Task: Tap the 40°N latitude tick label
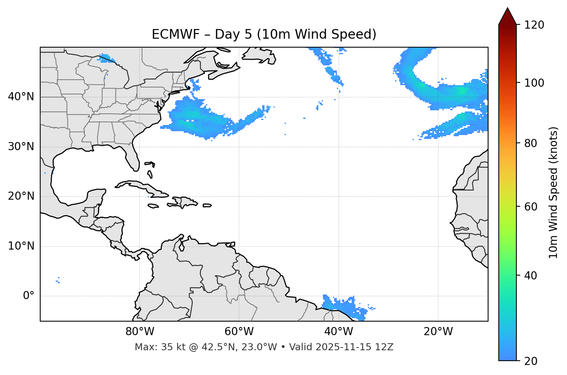point(21,97)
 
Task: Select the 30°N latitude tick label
point(21,147)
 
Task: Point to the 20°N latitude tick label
point(21,196)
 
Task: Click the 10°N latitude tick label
point(21,246)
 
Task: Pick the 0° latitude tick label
point(29,296)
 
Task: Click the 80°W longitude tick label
point(140,332)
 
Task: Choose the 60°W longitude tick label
point(239,332)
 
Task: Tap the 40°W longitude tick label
point(338,332)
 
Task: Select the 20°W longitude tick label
point(438,332)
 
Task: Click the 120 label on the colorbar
point(534,25)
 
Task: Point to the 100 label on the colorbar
point(534,83)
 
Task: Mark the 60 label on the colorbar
point(531,207)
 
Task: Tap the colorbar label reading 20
point(531,361)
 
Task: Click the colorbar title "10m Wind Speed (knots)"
point(553,193)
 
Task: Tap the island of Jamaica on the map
point(154,206)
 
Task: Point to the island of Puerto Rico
point(207,205)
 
